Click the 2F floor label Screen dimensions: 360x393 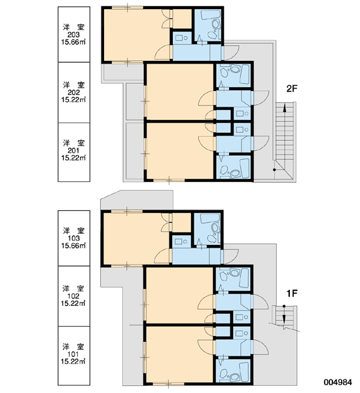[292, 88]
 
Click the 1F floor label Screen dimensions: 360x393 [292, 293]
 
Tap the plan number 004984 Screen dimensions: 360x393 [338, 382]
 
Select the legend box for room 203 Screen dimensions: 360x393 [74, 34]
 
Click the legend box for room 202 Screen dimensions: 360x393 [74, 92]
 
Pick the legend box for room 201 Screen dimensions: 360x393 [74, 152]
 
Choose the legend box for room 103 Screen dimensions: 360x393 [74, 238]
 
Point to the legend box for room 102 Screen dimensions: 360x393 [74, 296]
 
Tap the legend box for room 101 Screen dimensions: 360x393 [74, 356]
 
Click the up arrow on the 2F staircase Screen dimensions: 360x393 [285, 136]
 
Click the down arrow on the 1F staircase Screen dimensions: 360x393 [284, 315]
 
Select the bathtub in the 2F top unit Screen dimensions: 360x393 [211, 14]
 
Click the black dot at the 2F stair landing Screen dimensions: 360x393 [274, 170]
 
